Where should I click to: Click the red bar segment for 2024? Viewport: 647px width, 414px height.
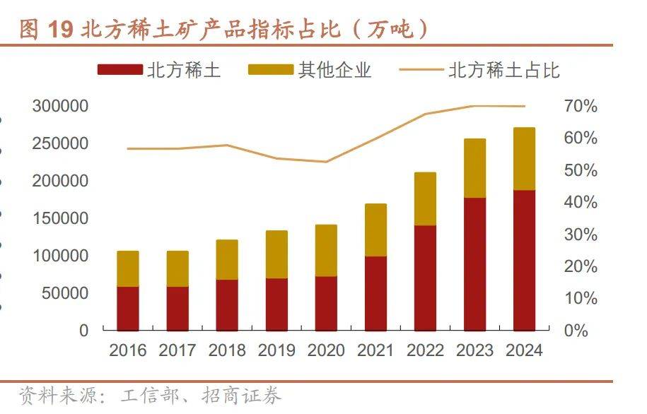click(524, 260)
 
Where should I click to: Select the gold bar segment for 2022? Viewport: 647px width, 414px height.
click(425, 199)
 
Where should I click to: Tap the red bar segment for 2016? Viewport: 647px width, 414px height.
click(128, 308)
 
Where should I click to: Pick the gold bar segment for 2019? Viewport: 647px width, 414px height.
click(276, 254)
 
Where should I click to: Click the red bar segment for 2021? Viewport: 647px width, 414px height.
click(375, 293)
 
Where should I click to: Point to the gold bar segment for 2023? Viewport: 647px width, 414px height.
click(474, 168)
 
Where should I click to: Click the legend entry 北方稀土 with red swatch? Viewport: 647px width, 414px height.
click(160, 70)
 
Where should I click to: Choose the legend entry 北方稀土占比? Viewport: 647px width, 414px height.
click(480, 70)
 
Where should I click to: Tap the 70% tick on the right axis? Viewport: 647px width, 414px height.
click(581, 107)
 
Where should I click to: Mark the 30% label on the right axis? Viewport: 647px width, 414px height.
click(581, 235)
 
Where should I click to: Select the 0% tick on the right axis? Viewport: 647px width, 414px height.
click(581, 330)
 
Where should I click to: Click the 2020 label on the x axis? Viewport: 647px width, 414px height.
click(326, 350)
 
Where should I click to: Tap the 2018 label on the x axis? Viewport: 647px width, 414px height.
click(227, 350)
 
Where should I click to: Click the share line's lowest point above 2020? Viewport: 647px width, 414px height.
click(326, 162)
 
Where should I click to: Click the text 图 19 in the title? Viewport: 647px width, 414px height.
click(47, 29)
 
